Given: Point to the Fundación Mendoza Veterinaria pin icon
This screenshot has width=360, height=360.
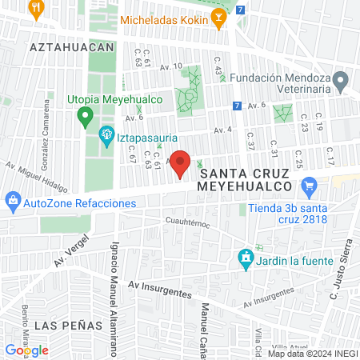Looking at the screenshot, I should click(341, 80).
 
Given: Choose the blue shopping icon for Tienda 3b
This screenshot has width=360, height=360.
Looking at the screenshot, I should click(308, 187).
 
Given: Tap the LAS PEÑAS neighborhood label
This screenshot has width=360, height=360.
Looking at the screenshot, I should click(69, 326).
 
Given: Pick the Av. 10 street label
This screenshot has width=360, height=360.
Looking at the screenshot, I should click(172, 66).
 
